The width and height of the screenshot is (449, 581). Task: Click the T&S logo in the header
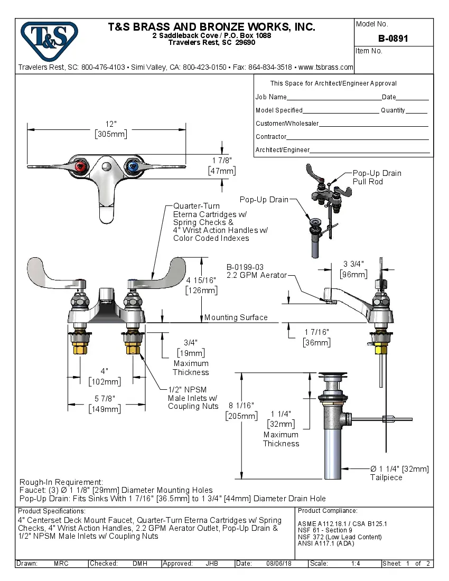point(49,39)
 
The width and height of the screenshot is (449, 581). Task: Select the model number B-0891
point(393,39)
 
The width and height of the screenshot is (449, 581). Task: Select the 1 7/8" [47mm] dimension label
point(222,166)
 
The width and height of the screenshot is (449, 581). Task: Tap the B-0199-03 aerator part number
point(245,267)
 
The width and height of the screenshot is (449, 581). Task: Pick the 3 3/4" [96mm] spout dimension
point(353,269)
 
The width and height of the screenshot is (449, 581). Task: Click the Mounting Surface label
point(236,317)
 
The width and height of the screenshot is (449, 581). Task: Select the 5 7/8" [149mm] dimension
point(105,404)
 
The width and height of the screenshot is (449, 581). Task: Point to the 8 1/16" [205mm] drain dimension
point(241,410)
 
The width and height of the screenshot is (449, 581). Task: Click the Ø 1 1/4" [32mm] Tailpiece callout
point(399,473)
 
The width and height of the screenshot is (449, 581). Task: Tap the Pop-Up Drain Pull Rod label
point(377,177)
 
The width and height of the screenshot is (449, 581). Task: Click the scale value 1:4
point(356,564)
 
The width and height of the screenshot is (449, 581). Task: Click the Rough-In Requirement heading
point(61,482)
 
